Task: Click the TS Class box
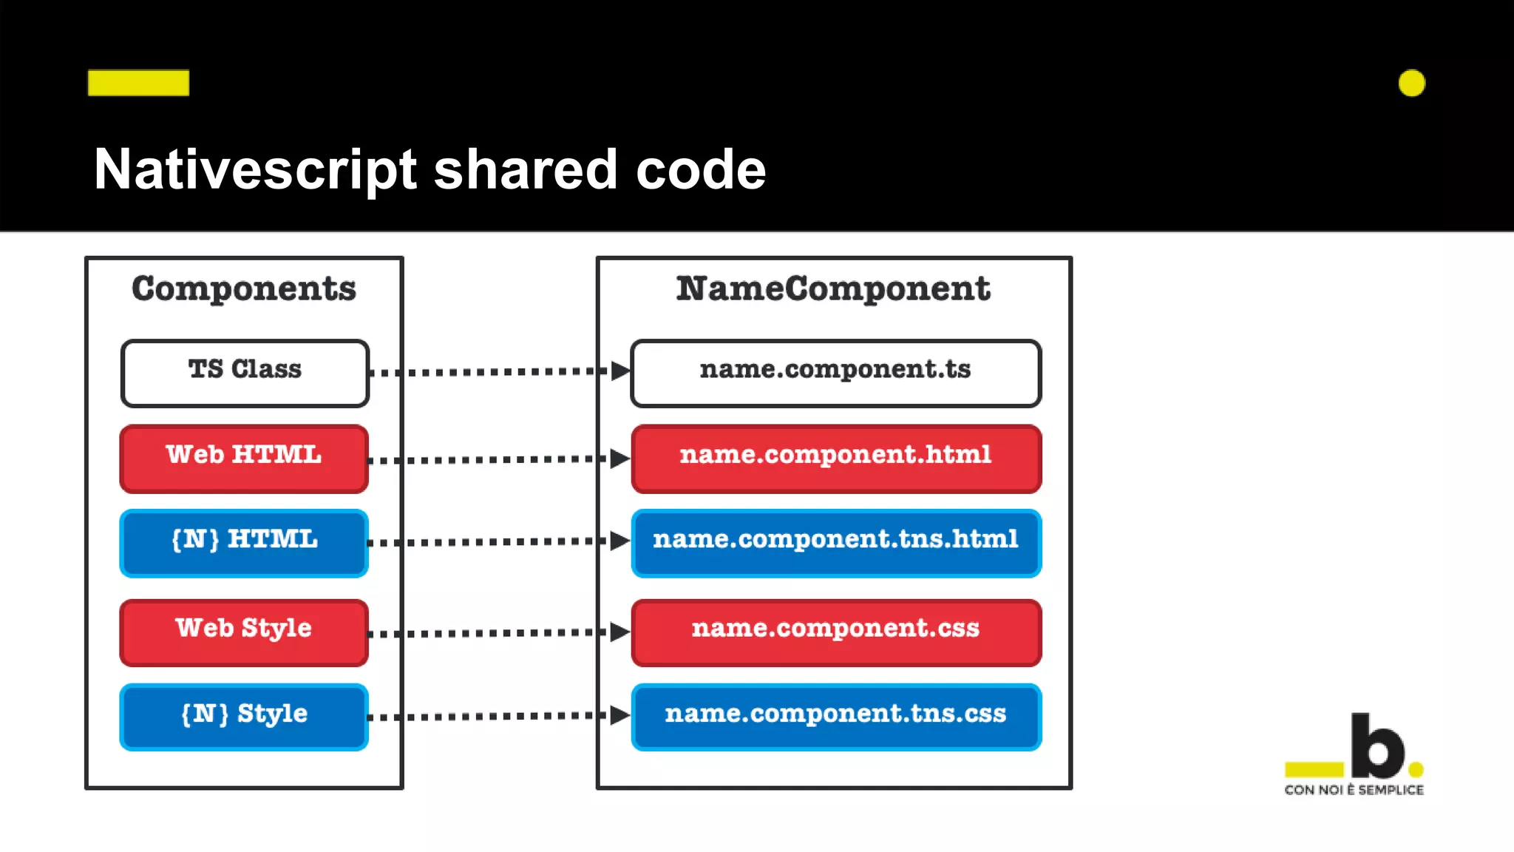[x=245, y=373]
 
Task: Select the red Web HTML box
[x=244, y=459]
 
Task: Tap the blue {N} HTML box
[x=244, y=543]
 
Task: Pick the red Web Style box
[x=244, y=632]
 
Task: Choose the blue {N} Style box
[x=244, y=717]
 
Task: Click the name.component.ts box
[x=836, y=373]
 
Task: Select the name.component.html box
[x=836, y=459]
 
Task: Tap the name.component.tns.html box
[x=836, y=543]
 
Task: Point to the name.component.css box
[x=836, y=632]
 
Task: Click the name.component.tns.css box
[x=836, y=717]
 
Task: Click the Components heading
[x=244, y=288]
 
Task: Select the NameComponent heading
[x=833, y=288]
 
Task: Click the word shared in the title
[x=525, y=169]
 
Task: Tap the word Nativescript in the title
[x=255, y=169]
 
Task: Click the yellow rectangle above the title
[x=138, y=83]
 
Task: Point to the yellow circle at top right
[x=1411, y=83]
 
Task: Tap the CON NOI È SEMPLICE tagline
[x=1354, y=790]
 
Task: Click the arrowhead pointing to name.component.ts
[x=619, y=371]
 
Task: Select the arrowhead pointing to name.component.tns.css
[x=619, y=715]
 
